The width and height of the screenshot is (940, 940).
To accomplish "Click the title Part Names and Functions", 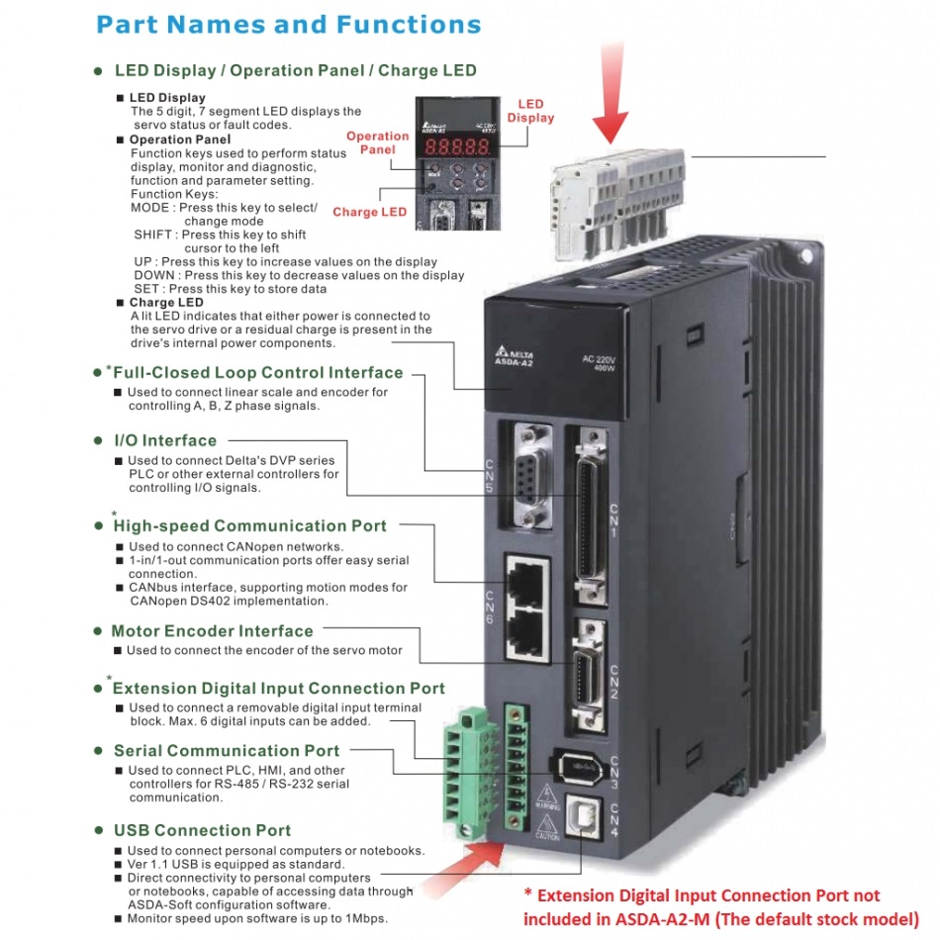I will coord(289,25).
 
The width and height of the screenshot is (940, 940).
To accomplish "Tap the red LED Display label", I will coord(530,111).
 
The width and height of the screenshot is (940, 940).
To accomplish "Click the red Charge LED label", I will coord(369,212).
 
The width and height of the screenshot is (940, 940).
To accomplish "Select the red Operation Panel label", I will coord(377,142).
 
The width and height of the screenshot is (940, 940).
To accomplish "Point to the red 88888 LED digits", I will coord(452,144).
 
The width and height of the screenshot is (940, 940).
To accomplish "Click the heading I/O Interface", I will coord(165,440).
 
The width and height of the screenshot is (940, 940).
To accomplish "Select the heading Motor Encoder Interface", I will coord(212,631).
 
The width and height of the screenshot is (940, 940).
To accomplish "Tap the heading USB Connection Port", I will coord(202,830).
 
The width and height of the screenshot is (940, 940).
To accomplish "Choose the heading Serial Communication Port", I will coord(227,751).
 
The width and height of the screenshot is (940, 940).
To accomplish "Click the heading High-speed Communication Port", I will coord(249,526).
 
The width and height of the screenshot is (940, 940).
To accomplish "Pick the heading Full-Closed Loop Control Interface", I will coord(257,373).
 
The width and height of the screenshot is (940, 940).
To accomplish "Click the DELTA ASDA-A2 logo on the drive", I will coord(513,357).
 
